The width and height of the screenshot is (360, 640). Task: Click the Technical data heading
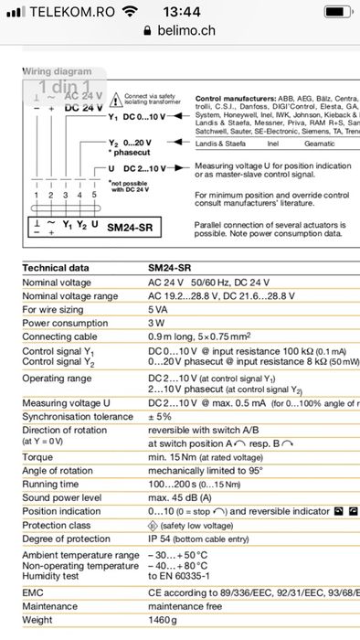pyautogui.click(x=56, y=268)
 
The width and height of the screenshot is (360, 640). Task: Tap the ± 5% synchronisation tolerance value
pyautogui.click(x=161, y=416)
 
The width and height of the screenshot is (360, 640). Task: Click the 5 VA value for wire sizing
pyautogui.click(x=158, y=309)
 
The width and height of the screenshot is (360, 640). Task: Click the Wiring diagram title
pyautogui.click(x=57, y=71)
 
